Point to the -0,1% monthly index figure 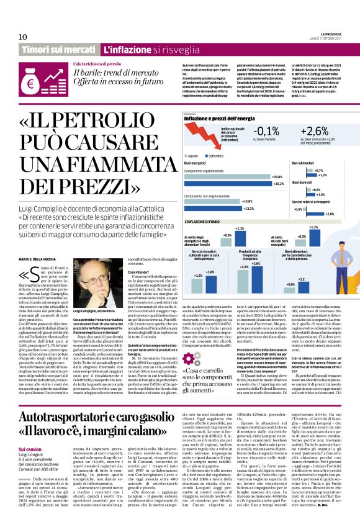pos(267,131)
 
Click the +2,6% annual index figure pos(313,131)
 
